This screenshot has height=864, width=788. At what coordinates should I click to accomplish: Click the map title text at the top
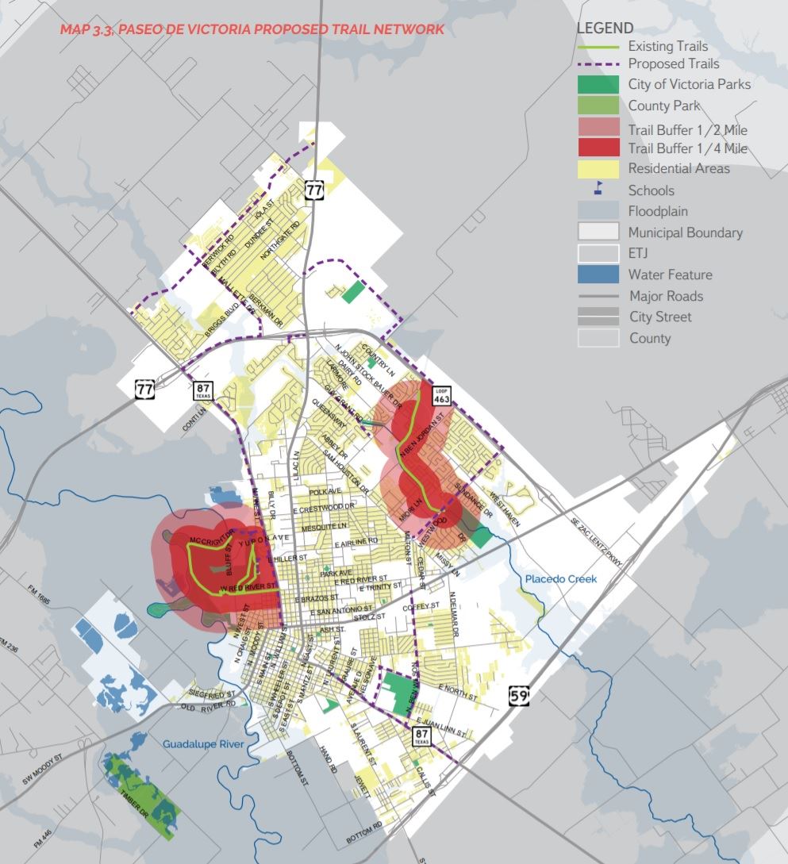click(252, 29)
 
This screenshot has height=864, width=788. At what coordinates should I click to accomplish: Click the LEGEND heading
click(605, 28)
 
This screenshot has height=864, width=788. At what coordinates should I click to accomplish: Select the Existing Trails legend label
click(667, 47)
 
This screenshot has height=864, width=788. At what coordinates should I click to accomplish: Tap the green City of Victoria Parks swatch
click(599, 84)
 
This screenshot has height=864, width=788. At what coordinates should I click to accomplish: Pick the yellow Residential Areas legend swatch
click(599, 168)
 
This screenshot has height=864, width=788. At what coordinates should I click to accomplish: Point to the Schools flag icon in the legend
click(599, 190)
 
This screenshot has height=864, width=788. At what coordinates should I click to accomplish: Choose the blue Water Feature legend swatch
click(599, 275)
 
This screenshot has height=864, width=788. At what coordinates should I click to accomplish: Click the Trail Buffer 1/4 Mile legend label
click(687, 148)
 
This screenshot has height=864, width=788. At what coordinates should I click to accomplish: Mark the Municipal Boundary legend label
click(685, 232)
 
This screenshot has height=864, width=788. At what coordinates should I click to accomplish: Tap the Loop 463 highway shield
click(442, 397)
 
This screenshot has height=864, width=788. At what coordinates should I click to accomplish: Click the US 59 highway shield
click(519, 697)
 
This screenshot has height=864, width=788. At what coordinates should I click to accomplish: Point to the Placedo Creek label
click(561, 579)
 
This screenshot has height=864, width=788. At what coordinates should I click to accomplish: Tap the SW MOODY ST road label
click(41, 772)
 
